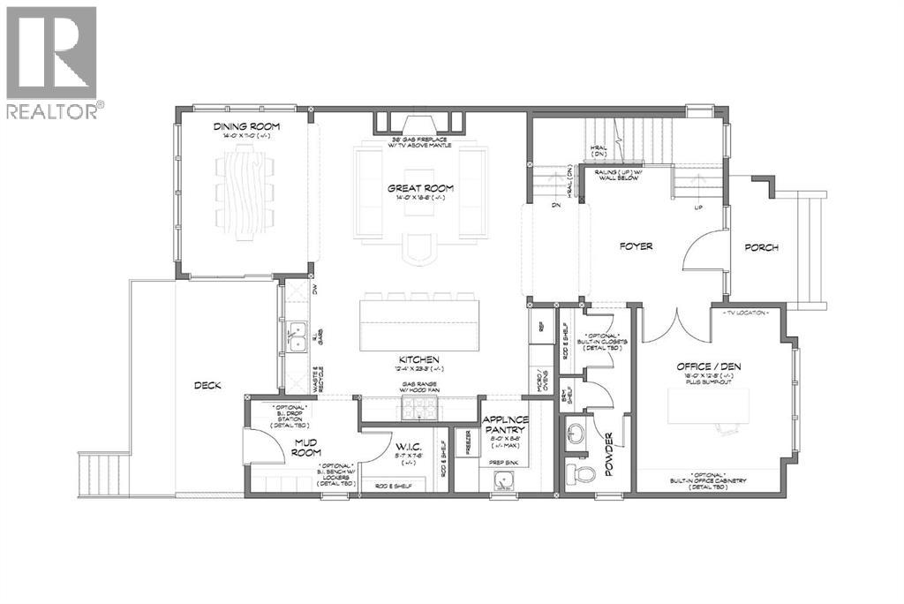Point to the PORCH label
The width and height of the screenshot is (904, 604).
(x=761, y=247)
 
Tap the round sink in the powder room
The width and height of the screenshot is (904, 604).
(x=578, y=434)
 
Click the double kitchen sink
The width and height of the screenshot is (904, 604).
(x=298, y=336)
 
